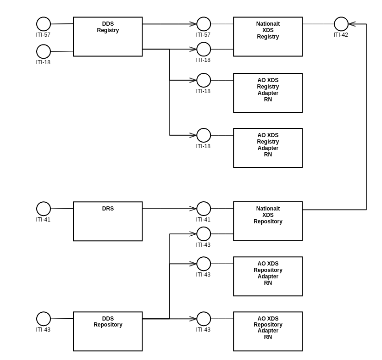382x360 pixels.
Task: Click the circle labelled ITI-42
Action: pyautogui.click(x=341, y=24)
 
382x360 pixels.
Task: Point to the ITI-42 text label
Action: pyautogui.click(x=341, y=35)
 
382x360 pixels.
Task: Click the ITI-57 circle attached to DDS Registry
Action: pyautogui.click(x=44, y=24)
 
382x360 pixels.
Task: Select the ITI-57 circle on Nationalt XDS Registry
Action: pyautogui.click(x=204, y=24)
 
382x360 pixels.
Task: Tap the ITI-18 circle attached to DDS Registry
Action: pyautogui.click(x=44, y=51)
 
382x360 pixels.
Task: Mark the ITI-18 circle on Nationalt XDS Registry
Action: pyautogui.click(x=204, y=49)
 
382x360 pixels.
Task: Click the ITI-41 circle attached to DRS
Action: pyautogui.click(x=44, y=209)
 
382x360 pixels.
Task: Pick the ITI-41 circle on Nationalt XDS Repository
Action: pyautogui.click(x=204, y=209)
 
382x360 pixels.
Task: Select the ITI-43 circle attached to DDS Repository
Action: pyautogui.click(x=44, y=319)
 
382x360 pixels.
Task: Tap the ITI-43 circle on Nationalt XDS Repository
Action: pyautogui.click(x=204, y=234)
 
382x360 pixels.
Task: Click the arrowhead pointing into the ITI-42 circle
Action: pyautogui.click(x=352, y=24)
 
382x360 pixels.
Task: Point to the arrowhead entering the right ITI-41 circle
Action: pyautogui.click(x=193, y=209)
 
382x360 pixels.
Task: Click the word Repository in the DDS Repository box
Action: pyautogui.click(x=108, y=325)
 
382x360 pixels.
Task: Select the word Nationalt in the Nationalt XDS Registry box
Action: pyautogui.click(x=268, y=24)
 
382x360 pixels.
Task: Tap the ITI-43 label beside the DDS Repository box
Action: pyautogui.click(x=43, y=330)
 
